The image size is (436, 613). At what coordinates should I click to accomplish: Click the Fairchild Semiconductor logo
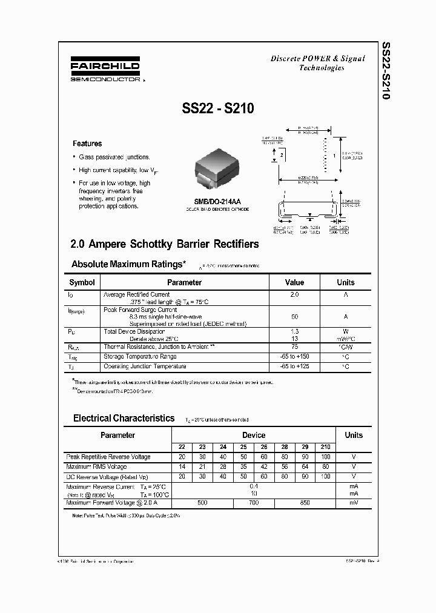(105, 70)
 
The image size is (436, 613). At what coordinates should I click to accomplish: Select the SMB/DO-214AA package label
(217, 202)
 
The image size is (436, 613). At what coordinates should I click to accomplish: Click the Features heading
(87, 144)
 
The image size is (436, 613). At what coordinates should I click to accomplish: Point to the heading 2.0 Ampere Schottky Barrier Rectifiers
(165, 244)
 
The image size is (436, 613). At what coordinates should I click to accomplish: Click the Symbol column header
(82, 282)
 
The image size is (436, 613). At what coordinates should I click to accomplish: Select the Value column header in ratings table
(294, 282)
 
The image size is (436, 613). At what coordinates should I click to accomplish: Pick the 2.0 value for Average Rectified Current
(294, 294)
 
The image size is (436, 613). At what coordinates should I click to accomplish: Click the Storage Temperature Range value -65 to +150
(294, 357)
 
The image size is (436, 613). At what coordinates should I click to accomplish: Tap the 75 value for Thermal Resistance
(294, 347)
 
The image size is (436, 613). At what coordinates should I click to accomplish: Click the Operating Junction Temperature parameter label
(145, 366)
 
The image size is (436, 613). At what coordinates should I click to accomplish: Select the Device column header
(253, 435)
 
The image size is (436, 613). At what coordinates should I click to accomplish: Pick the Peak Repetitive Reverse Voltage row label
(108, 457)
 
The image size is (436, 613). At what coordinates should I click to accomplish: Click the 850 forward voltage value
(305, 503)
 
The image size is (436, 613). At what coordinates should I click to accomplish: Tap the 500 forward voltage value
(203, 503)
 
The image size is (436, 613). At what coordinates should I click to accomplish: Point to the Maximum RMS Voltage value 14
(182, 467)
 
